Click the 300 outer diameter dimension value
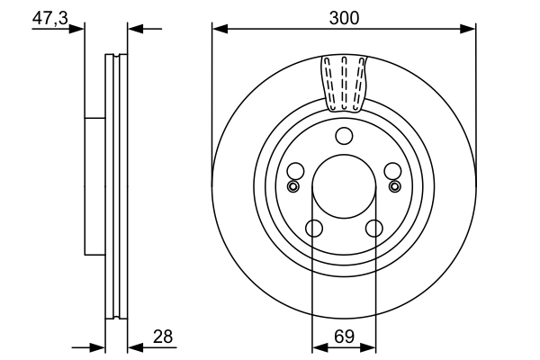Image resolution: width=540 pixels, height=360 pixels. pos(344,17)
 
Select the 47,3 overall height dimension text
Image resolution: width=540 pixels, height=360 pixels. pos(49,17)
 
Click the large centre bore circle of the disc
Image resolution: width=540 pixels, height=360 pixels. pos(344,187)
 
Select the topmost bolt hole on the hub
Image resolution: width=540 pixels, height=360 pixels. pos(344,136)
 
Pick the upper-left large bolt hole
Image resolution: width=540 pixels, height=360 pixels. pos(294,171)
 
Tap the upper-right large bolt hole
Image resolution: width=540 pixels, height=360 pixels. pos(392,171)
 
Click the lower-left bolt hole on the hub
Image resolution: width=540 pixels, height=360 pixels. pos(312,229)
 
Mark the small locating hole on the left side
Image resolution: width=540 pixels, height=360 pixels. pos(292,186)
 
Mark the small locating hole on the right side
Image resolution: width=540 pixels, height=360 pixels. pos(394,186)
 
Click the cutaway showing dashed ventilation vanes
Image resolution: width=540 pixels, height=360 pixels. pos(344,81)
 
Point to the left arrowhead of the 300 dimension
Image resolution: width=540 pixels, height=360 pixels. pos(219,29)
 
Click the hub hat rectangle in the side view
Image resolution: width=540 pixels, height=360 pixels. pos(94,186)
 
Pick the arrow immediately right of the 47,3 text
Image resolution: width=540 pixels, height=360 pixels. pos(78,29)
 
